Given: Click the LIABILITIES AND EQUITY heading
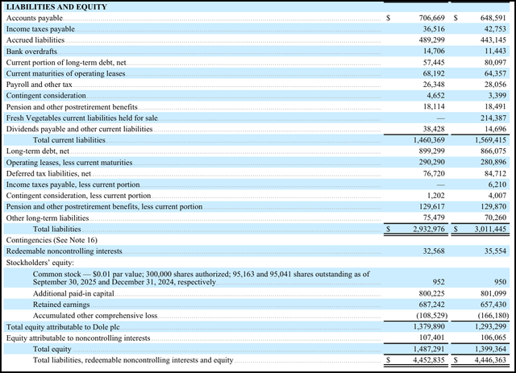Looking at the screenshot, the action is pyautogui.click(x=56, y=7).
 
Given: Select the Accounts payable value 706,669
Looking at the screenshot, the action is pyautogui.click(x=432, y=18).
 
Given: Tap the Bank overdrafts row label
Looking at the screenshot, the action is pyautogui.click(x=31, y=52).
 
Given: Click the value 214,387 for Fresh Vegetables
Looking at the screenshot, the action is pyautogui.click(x=493, y=118).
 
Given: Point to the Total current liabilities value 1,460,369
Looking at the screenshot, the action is pyautogui.click(x=429, y=140).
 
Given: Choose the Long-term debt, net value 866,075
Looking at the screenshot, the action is pyautogui.click(x=493, y=151).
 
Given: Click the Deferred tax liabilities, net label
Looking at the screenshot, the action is pyautogui.click(x=48, y=174).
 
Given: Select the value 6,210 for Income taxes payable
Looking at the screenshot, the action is pyautogui.click(x=497, y=184).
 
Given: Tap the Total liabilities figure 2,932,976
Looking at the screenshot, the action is pyautogui.click(x=429, y=229).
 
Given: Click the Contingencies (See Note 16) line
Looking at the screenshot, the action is pyautogui.click(x=52, y=240).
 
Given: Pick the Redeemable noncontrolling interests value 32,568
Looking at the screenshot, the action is pyautogui.click(x=434, y=251).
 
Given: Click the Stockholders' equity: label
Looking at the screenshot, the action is pyautogui.click(x=40, y=263).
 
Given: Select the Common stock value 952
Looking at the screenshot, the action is pyautogui.click(x=439, y=282).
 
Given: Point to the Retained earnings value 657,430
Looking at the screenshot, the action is pyautogui.click(x=493, y=305).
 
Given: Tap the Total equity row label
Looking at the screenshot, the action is pyautogui.click(x=52, y=349).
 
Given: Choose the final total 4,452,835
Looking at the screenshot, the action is pyautogui.click(x=429, y=360).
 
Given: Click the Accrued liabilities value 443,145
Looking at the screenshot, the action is pyautogui.click(x=493, y=40).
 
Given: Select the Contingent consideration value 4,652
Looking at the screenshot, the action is pyautogui.click(x=435, y=96).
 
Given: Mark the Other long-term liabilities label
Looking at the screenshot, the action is pyautogui.click(x=48, y=218).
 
